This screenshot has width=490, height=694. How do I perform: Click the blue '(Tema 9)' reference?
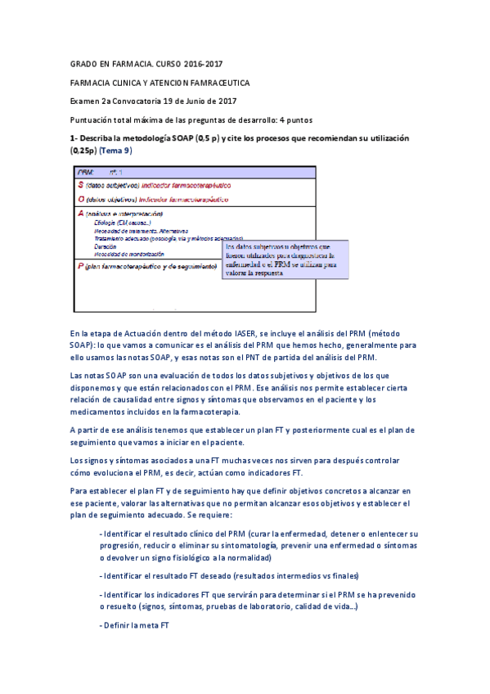pyautogui.click(x=115, y=151)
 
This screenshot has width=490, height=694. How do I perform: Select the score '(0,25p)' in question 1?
pyautogui.click(x=83, y=151)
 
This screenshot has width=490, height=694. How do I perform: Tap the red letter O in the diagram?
pyautogui.click(x=80, y=199)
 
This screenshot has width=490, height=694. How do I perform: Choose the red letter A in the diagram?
pyautogui.click(x=80, y=213)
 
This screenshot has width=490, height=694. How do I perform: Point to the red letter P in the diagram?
pyautogui.click(x=80, y=267)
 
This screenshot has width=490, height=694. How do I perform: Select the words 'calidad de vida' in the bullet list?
pyautogui.click(x=324, y=606)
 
